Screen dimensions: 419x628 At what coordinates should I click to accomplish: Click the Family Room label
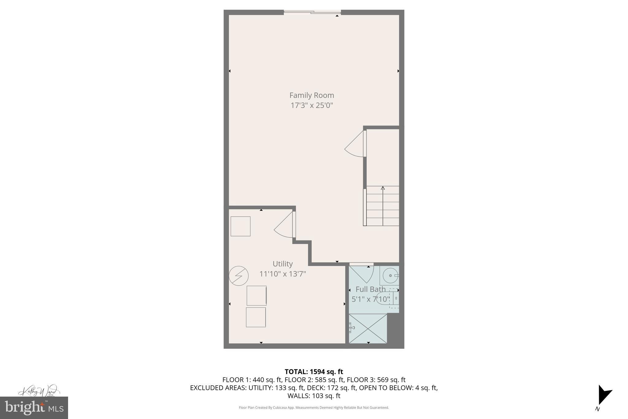click(x=312, y=95)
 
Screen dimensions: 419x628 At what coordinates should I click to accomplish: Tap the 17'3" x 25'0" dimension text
click(x=312, y=106)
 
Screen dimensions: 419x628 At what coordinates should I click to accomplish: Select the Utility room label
click(x=282, y=264)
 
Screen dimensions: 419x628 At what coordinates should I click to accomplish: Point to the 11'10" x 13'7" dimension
click(x=282, y=274)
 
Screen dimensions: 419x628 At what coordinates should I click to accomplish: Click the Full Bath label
click(x=370, y=289)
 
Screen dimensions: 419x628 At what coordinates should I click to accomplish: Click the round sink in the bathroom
click(x=390, y=275)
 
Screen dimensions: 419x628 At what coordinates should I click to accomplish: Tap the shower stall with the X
click(x=368, y=328)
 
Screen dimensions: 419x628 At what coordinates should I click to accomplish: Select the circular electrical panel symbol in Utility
click(x=239, y=276)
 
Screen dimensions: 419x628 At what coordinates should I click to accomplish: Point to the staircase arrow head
click(x=383, y=188)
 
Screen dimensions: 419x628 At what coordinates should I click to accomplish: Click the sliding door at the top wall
click(x=312, y=12)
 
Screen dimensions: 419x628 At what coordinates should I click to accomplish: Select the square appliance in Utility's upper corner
click(x=240, y=226)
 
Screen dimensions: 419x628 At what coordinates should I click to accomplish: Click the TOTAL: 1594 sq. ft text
click(x=314, y=372)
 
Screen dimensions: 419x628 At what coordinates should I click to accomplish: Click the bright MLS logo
click(x=34, y=408)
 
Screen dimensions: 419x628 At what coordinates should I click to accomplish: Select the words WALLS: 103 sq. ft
click(x=314, y=396)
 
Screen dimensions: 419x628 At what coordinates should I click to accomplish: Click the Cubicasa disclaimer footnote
click(x=314, y=408)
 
